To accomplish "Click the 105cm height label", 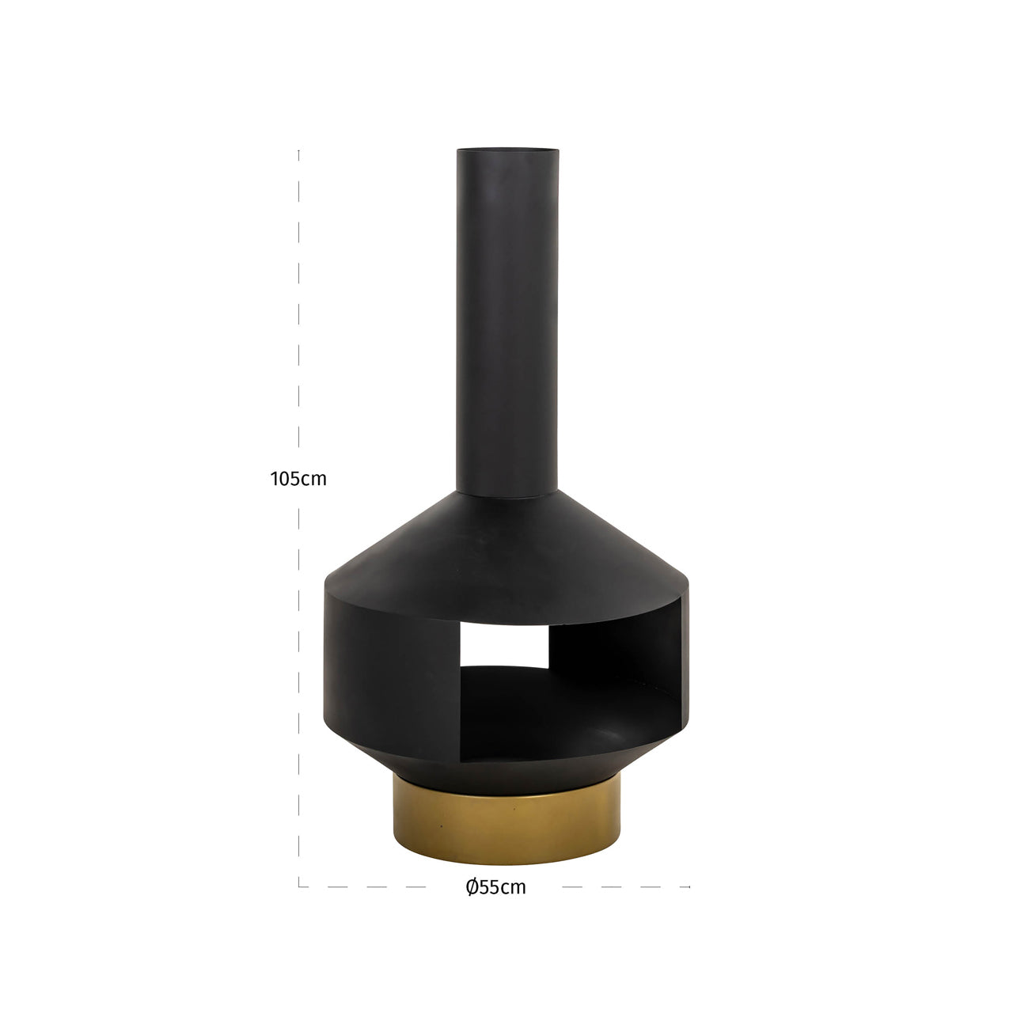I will click(x=298, y=479).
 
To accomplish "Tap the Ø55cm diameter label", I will click(x=496, y=887).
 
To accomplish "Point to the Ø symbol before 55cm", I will click(x=471, y=887).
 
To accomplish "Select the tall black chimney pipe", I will click(x=506, y=317).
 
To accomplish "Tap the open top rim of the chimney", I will click(x=506, y=150).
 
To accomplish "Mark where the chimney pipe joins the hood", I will click(x=506, y=494).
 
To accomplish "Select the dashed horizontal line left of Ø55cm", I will click(x=380, y=886).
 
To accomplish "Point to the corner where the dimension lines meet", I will click(x=299, y=886).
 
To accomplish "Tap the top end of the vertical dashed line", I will click(x=298, y=150).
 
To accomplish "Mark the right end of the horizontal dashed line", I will click(x=689, y=886).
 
